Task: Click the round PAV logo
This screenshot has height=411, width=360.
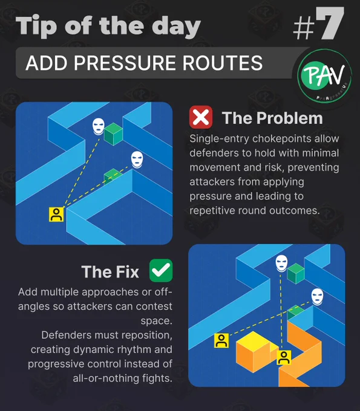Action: coord(325,76)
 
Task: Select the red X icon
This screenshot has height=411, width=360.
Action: coord(201,117)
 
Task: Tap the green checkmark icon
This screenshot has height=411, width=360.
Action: coord(161,270)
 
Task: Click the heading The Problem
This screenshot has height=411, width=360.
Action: coord(272,118)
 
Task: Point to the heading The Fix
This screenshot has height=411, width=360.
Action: coord(110,271)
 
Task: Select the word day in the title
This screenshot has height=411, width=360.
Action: coord(176,27)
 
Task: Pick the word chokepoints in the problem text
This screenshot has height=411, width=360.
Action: coord(283,139)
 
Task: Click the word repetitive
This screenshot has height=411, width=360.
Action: coord(212,211)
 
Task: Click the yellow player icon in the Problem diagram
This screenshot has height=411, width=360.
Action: coord(56,215)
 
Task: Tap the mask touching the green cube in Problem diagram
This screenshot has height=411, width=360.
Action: coord(99,126)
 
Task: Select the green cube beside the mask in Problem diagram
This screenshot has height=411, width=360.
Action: coord(114,134)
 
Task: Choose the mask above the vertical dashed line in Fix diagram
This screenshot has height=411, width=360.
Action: coord(281,264)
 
